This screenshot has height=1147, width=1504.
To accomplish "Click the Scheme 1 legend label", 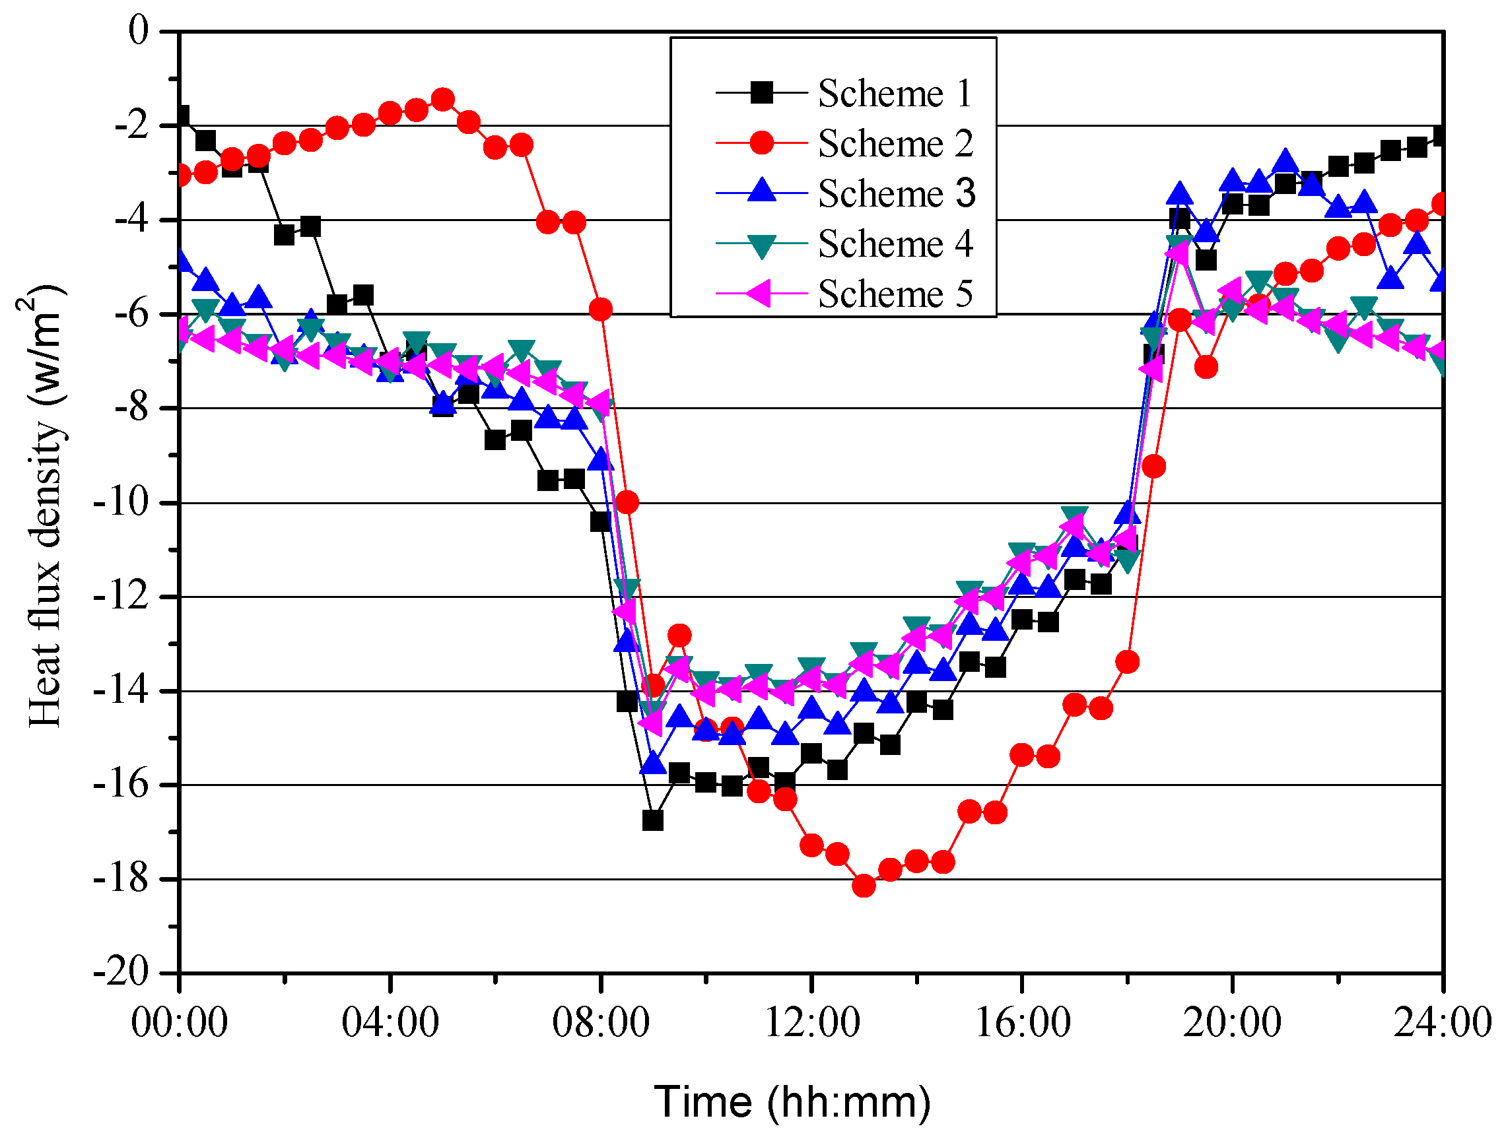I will pyautogui.click(x=894, y=93).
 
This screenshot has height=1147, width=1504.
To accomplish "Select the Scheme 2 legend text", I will pyautogui.click(x=895, y=143).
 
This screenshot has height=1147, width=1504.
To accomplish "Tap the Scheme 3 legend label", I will pyautogui.click(x=897, y=193).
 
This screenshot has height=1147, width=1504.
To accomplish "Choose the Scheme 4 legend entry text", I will pyautogui.click(x=895, y=244).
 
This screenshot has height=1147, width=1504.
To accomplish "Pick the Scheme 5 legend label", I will pyautogui.click(x=895, y=294).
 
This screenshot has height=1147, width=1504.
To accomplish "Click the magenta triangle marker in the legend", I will pyautogui.click(x=760, y=294).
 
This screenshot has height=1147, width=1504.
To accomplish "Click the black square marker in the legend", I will pyautogui.click(x=761, y=92).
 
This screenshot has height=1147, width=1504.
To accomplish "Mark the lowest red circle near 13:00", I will pyautogui.click(x=864, y=886).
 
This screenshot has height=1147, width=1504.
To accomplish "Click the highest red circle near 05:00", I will pyautogui.click(x=442, y=100).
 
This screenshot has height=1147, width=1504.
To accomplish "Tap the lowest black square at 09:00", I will pyautogui.click(x=653, y=820).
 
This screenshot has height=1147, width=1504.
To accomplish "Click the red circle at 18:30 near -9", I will pyautogui.click(x=1153, y=467).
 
